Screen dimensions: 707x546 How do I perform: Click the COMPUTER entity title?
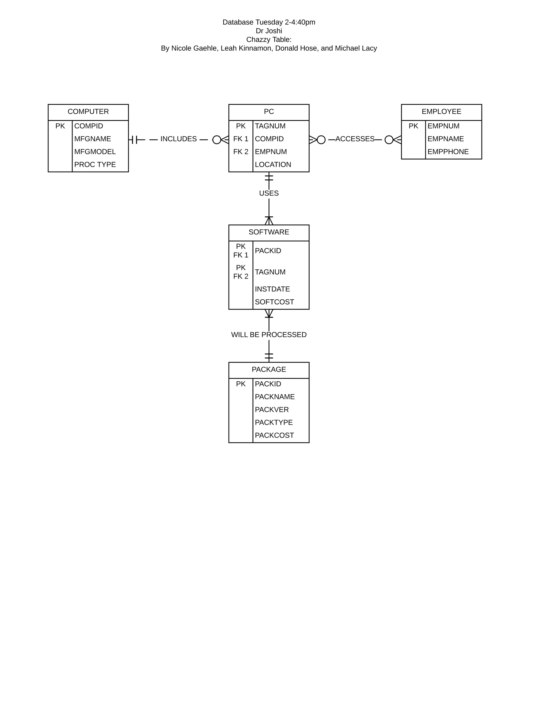pos(88,112)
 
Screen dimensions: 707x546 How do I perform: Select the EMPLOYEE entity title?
pos(441,112)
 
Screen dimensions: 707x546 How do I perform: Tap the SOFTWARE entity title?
pos(268,232)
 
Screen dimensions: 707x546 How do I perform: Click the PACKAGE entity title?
pos(268,369)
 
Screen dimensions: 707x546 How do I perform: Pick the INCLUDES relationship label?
pos(178,139)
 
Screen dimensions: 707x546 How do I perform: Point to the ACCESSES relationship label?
pos(355,139)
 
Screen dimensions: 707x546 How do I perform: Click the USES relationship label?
pos(268,193)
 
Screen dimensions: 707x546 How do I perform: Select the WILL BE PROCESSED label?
pos(268,335)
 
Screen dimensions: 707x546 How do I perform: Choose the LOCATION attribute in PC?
pos(273,164)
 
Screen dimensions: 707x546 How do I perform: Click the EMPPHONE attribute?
pos(448,152)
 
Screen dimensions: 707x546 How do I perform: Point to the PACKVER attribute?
pos(271,410)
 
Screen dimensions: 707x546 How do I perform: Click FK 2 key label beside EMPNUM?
pos(241,152)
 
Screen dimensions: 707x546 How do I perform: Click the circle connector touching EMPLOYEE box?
pos(389,140)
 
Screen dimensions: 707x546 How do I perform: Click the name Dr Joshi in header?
pos(268,31)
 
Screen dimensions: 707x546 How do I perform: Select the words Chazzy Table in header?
pos(268,39)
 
